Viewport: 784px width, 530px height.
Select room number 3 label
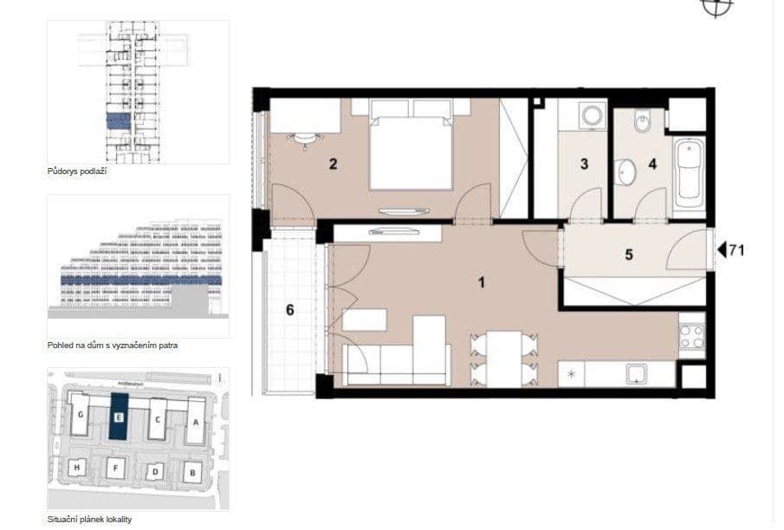[x=585, y=164]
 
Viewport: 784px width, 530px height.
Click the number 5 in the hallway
[x=630, y=255]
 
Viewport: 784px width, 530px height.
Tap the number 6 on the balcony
[x=289, y=310]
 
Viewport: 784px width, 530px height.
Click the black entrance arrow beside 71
[x=720, y=252]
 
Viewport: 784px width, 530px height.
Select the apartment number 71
[x=737, y=252]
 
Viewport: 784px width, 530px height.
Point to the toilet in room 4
[x=641, y=126]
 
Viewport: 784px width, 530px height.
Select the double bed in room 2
[x=411, y=143]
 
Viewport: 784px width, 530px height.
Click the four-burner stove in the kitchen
[x=692, y=337]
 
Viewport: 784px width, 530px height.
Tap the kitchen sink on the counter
[x=637, y=374]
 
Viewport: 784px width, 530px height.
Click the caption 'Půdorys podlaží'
[x=76, y=171]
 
